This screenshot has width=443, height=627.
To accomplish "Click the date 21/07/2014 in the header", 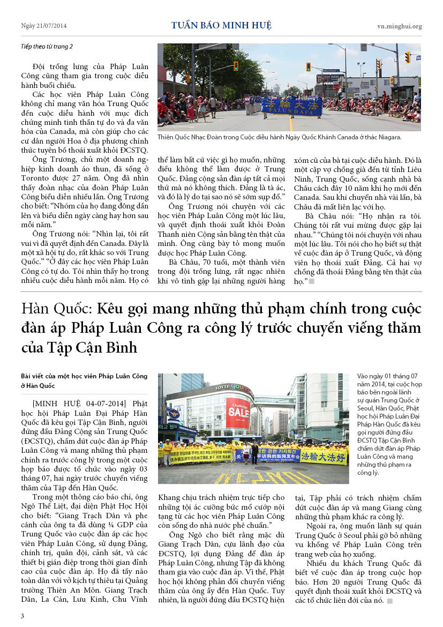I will click(x=51, y=26).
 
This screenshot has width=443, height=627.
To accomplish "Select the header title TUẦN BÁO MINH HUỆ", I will click(x=221, y=25).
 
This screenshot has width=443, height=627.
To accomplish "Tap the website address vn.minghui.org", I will click(x=399, y=26).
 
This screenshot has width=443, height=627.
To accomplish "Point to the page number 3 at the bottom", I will click(x=22, y=615).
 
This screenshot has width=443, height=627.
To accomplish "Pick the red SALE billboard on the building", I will click(x=237, y=413).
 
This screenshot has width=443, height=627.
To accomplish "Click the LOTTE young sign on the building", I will click(x=234, y=387).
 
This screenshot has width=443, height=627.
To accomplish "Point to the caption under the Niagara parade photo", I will click(x=279, y=137).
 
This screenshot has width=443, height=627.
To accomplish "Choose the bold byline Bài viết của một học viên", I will click(x=85, y=376).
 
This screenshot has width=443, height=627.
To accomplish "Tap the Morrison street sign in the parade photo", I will click(x=331, y=70).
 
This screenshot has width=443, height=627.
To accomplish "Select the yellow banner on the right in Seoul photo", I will click(x=323, y=456).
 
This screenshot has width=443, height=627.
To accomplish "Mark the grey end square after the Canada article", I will click(x=311, y=281).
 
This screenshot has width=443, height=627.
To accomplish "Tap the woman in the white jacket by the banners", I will click(x=245, y=452).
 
